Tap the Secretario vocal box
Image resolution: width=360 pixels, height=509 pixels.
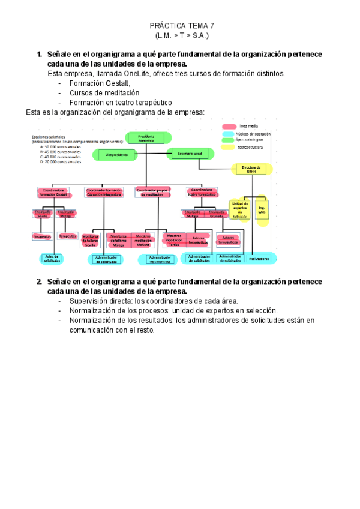[x=190, y=155]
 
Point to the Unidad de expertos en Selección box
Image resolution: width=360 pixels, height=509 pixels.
[x=239, y=210]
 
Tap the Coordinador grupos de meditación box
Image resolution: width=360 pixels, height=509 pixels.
[x=154, y=192]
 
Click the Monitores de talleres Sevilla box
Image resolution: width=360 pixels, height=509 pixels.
[x=91, y=240]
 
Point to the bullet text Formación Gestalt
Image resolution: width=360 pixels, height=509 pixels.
[x=100, y=83]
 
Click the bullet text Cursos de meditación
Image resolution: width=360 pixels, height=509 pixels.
[x=104, y=93]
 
